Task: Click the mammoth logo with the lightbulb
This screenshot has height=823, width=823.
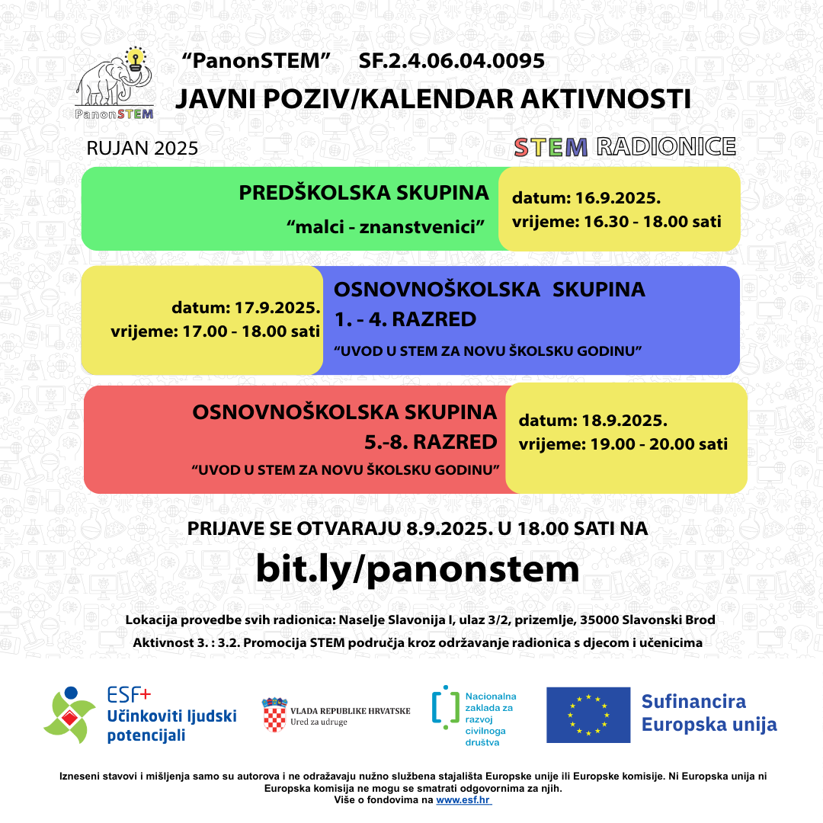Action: click(114, 82)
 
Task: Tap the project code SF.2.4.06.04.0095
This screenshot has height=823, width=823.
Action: click(452, 62)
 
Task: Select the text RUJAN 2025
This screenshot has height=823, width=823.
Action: click(143, 148)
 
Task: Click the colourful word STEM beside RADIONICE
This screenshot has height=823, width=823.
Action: click(550, 147)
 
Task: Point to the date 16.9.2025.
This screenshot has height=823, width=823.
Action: click(615, 199)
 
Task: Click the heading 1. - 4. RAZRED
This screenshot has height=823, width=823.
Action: click(405, 319)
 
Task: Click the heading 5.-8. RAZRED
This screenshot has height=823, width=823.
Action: click(431, 442)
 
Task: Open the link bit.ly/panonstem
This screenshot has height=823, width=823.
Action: click(417, 568)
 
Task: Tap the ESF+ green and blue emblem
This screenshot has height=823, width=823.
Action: click(70, 714)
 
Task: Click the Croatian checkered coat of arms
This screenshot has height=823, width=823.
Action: click(274, 714)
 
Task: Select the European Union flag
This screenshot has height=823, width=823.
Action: click(588, 715)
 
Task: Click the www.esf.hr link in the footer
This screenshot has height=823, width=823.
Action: click(463, 800)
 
